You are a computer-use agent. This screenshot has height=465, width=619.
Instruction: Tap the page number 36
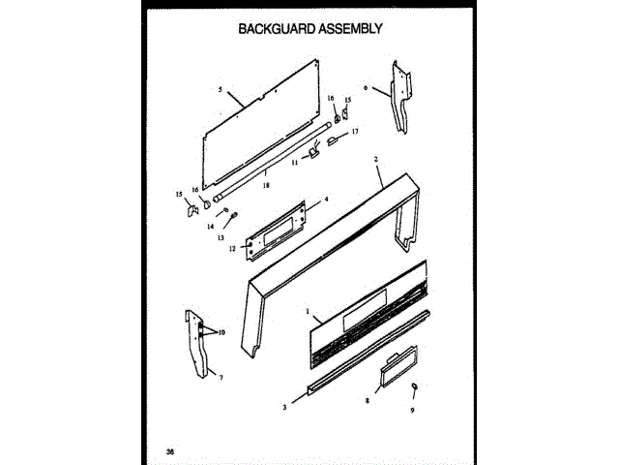tap(170, 451)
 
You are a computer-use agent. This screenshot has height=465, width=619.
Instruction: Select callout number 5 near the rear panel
tap(220, 90)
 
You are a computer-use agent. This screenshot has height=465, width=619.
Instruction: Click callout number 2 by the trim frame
tap(375, 158)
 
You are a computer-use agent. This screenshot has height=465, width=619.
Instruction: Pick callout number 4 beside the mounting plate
tap(326, 199)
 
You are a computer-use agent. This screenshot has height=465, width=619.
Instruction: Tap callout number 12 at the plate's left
tap(232, 249)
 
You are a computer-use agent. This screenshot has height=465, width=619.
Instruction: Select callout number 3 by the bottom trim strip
tap(284, 408)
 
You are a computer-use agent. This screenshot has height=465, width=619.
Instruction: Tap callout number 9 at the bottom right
tap(414, 409)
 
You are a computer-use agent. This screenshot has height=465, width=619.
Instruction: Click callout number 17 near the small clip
tap(355, 131)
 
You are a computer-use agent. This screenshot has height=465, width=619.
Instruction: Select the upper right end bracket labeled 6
tap(398, 97)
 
